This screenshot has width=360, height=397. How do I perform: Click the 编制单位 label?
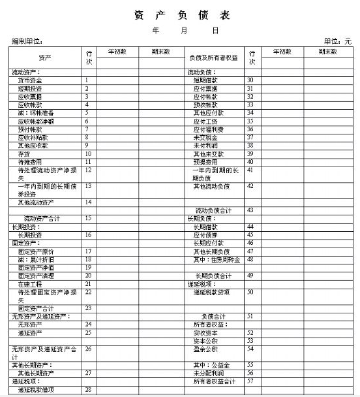click(27, 41)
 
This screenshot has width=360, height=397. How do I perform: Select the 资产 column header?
click(44, 57)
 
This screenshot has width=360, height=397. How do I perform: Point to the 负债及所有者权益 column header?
click(213, 58)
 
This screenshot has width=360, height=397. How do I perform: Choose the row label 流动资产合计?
click(42, 218)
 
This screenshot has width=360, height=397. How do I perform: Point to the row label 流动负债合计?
click(213, 210)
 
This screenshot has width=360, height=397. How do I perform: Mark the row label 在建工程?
click(30, 283)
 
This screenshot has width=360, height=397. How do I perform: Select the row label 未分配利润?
click(208, 373)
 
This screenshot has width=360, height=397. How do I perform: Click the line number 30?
click(250, 80)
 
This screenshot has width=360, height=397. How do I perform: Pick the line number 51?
click(250, 316)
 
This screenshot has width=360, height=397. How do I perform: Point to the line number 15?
click(88, 218)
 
